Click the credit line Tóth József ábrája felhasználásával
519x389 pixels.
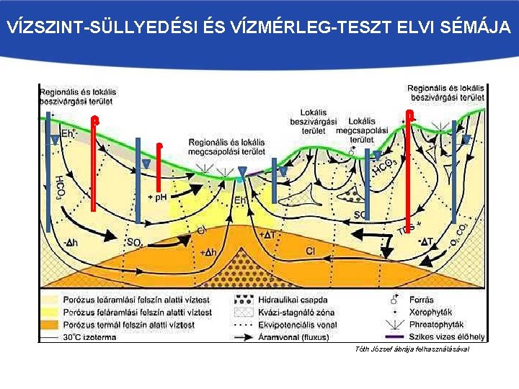click(x=412, y=349)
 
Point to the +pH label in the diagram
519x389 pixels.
click(x=157, y=197)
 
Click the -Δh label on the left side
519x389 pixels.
click(x=70, y=243)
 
